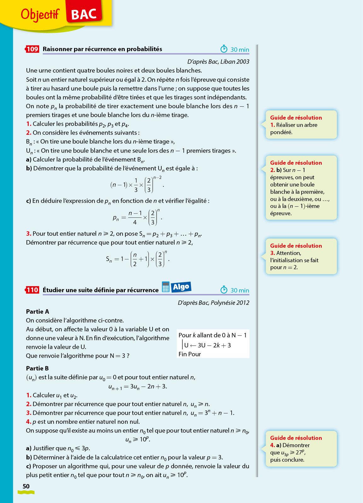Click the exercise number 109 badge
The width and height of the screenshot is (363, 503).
click(32, 49)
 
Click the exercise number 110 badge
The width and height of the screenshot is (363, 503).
click(32, 290)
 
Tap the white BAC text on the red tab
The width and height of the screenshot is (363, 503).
click(84, 15)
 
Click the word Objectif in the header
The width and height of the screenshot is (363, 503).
click(40, 14)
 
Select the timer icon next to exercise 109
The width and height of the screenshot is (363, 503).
click(224, 49)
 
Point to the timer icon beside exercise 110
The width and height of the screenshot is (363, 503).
click(224, 290)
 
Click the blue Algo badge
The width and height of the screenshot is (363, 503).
click(181, 287)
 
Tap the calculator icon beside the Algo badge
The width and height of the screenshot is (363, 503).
click(166, 287)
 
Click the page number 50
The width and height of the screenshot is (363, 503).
click(26, 486)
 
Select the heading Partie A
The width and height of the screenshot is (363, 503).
click(37, 311)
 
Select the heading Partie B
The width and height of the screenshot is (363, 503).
click(37, 368)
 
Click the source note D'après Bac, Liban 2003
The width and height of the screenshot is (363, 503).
click(218, 62)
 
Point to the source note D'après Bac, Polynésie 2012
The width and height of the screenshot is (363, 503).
click(213, 303)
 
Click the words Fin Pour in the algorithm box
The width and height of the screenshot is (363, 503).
click(190, 354)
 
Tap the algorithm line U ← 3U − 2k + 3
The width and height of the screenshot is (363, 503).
click(207, 345)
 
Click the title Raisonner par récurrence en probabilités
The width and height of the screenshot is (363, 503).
click(102, 49)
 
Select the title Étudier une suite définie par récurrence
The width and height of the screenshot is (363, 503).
click(101, 290)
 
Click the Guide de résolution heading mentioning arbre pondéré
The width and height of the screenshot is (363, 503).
click(296, 117)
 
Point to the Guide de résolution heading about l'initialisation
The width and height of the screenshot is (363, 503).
click(296, 246)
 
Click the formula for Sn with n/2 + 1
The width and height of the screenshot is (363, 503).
click(138, 259)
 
